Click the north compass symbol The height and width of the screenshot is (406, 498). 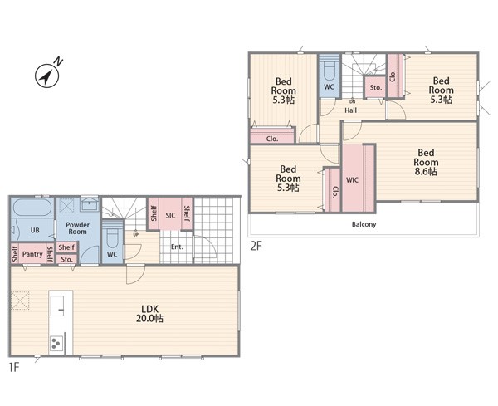click(47, 75)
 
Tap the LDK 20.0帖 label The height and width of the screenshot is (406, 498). click(149, 314)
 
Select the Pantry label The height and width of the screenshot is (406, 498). click(32, 254)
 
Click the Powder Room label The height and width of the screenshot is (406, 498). click(77, 228)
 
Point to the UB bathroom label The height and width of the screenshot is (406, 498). click(35, 230)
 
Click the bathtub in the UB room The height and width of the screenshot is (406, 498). click(32, 208)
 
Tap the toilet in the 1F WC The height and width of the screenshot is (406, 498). click(112, 237)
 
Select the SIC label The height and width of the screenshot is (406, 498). click(170, 215)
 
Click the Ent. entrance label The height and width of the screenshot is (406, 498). click(177, 247)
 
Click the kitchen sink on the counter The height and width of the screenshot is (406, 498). click(57, 306)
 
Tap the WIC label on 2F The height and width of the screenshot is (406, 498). click(352, 180)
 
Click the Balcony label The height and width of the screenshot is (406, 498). click(364, 224)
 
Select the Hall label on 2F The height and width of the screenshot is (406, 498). click(350, 110)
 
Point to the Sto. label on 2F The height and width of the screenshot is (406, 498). click(376, 87)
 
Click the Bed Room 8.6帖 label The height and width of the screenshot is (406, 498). click(426, 162)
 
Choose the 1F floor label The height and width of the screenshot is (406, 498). click(14, 367)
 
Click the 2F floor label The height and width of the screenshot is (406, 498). click(256, 246)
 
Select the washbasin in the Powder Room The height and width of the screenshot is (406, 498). click(90, 204)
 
